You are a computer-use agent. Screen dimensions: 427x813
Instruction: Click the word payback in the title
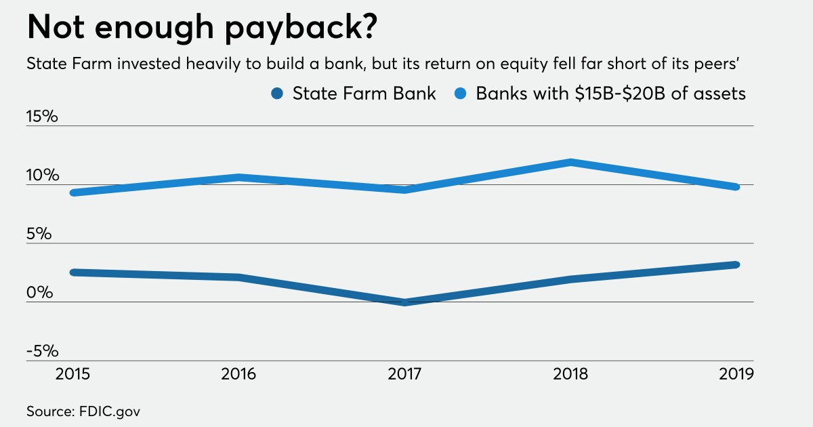coord(284,30)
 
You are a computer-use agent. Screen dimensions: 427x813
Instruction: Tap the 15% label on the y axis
coord(42,117)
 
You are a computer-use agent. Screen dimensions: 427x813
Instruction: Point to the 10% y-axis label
coord(42,176)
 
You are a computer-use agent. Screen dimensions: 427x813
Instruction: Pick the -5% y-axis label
coord(42,352)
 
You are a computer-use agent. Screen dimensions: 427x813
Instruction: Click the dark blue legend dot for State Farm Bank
coord(276,94)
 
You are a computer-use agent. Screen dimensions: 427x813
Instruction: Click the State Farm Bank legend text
coord(364,94)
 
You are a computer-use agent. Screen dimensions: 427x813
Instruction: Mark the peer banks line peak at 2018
coord(570,162)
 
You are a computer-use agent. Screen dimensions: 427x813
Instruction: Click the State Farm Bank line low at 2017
coord(404,302)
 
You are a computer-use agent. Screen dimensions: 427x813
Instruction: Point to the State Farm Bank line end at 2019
coord(736,264)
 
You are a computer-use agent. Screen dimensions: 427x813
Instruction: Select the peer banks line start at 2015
coord(73,193)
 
